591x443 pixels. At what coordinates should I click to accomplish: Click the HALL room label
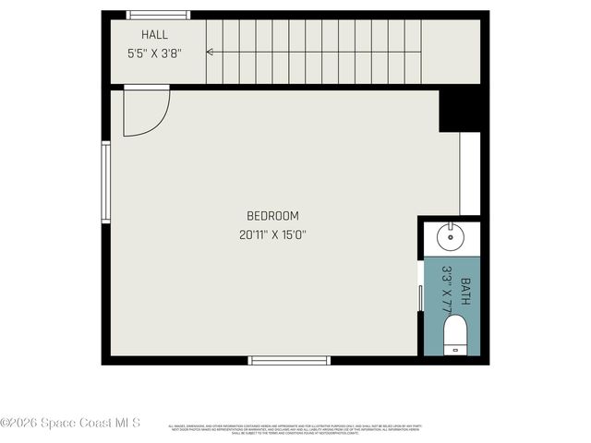[x=154, y=35]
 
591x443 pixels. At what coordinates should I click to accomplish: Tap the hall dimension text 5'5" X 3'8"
[x=154, y=54]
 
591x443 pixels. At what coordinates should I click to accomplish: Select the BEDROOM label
[x=272, y=216]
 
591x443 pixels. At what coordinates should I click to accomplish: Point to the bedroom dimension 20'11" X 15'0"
[x=272, y=235]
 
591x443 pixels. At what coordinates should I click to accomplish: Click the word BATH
[x=466, y=293]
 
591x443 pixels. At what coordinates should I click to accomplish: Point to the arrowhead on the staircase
[x=210, y=52]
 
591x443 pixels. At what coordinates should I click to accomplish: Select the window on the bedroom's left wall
[x=106, y=182]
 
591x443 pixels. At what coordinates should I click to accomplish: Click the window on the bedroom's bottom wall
[x=289, y=360]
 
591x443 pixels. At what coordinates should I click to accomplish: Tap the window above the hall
[x=158, y=15]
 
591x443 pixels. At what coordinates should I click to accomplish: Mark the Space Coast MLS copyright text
[x=70, y=423]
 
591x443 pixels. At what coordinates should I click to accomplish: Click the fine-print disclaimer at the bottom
[x=295, y=428]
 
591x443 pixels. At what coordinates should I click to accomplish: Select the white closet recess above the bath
[x=470, y=174]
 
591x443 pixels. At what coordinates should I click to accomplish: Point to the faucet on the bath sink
[x=450, y=227]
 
